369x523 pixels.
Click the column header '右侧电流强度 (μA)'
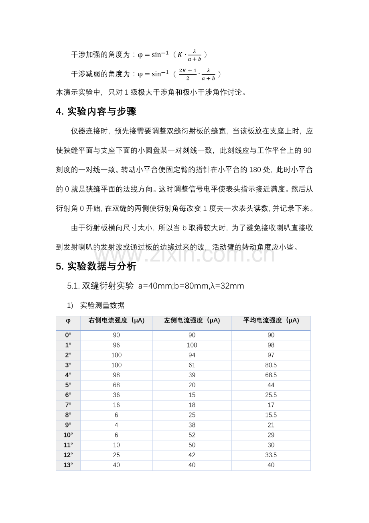(116, 321)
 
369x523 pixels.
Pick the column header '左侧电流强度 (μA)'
(192, 321)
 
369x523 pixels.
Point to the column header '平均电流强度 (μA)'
(271, 321)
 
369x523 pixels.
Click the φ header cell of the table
(68, 321)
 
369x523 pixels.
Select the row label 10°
(68, 435)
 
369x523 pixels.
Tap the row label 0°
(68, 335)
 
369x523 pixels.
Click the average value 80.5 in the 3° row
(271, 365)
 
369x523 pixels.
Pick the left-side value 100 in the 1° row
(192, 345)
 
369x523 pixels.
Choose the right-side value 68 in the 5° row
(116, 385)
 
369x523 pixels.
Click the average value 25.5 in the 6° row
(271, 395)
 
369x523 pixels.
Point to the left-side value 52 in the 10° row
(192, 435)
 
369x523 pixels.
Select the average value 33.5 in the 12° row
(271, 456)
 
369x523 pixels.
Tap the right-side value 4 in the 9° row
(116, 425)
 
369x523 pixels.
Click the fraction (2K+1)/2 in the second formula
(187, 74)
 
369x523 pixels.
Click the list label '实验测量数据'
(102, 305)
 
